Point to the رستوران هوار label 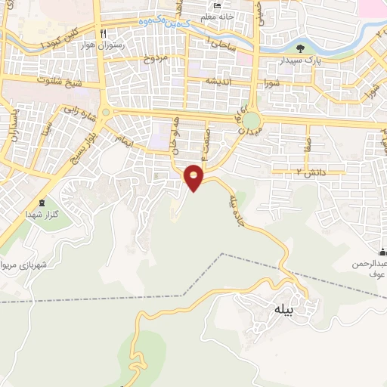click(101, 44)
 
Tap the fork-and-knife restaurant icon click(104, 33)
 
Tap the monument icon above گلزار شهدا click(42, 203)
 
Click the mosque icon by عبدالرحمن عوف click(382, 252)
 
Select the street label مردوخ click(154, 57)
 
